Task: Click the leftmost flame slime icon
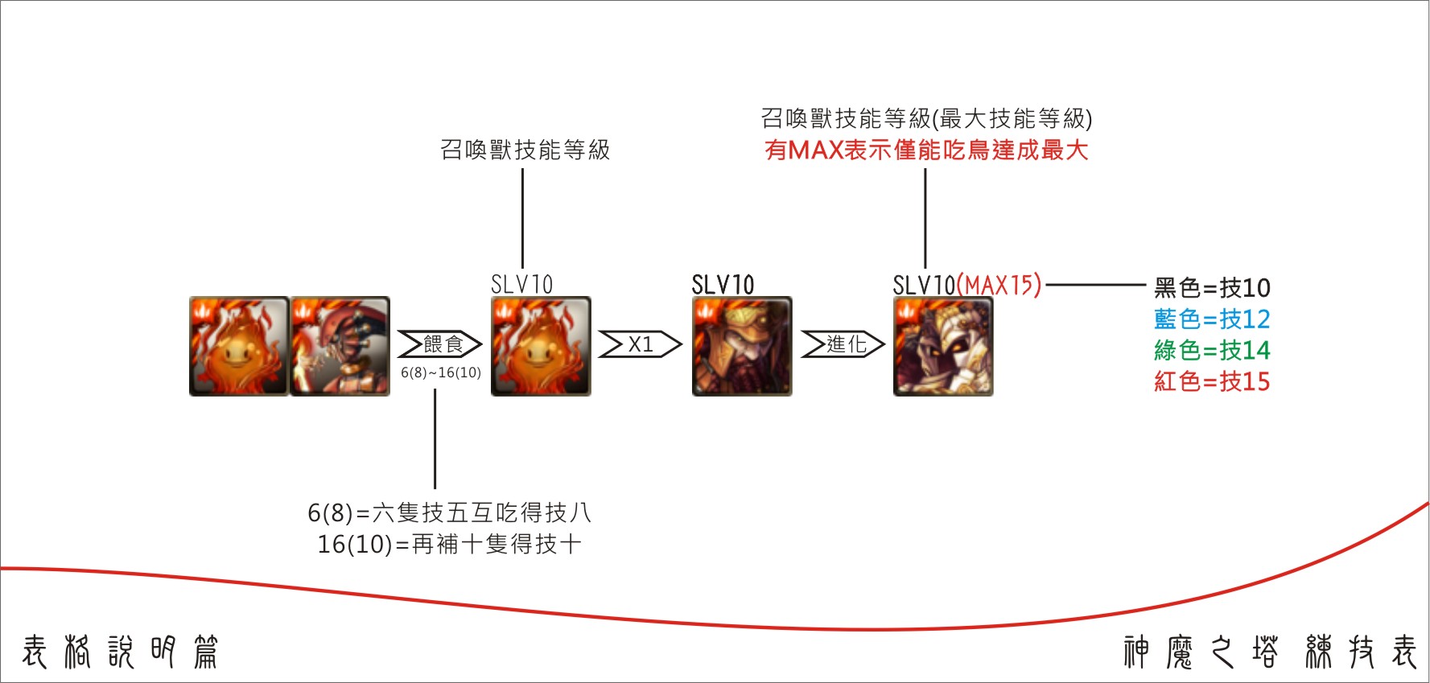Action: coord(239,346)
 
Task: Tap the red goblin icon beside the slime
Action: coord(340,346)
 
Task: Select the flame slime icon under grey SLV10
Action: coord(541,346)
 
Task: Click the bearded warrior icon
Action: coord(742,346)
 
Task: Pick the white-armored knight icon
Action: coord(943,346)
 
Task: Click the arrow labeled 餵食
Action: coord(439,344)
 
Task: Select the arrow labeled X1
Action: coord(640,344)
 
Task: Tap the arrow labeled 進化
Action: coord(843,344)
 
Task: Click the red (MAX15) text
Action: coord(999,285)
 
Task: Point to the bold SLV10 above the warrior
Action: coord(723,285)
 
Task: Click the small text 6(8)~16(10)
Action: coord(441,372)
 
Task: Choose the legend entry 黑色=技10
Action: coord(1212,287)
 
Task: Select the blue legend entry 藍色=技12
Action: coord(1212,319)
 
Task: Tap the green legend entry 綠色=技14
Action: coord(1212,350)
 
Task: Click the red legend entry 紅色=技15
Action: coord(1212,381)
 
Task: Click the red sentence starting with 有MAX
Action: coord(926,150)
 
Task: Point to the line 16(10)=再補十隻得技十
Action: coord(449,545)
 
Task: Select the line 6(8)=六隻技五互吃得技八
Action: coord(449,512)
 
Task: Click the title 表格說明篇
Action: coord(120,652)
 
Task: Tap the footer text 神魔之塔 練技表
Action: coord(1270,652)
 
